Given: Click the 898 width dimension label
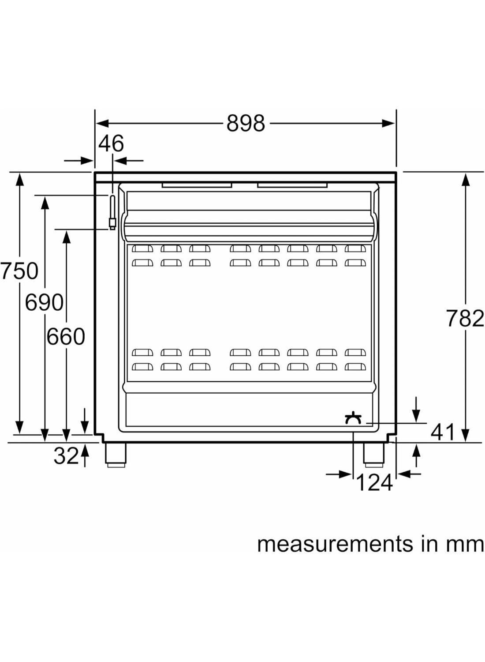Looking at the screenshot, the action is click(x=246, y=124).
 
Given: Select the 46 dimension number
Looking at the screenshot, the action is click(x=111, y=143).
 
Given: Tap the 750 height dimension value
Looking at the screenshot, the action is click(x=19, y=271).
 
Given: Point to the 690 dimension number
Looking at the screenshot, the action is click(x=44, y=303).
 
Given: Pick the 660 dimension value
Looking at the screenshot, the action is click(x=66, y=337).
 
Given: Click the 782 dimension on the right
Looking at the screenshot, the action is click(x=465, y=318).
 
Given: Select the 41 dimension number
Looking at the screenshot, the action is click(x=442, y=432).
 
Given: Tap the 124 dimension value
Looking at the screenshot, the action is click(x=374, y=482).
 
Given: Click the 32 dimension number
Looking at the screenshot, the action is click(x=66, y=456).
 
